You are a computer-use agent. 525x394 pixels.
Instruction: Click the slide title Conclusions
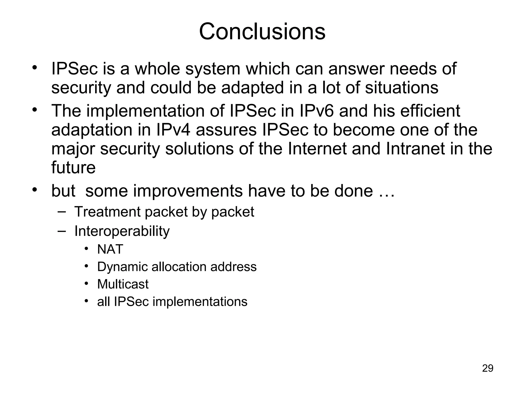[262, 32]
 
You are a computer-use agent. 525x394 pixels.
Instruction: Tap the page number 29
[488, 368]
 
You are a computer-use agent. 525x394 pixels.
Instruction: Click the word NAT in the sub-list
[110, 249]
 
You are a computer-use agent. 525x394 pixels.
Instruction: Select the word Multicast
[123, 284]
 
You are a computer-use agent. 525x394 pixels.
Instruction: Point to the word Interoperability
[122, 231]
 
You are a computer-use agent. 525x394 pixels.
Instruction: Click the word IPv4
[173, 130]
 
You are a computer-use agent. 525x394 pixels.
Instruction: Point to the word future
[73, 168]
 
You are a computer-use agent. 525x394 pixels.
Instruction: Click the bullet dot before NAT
[86, 249]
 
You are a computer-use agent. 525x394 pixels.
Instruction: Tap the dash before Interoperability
[62, 231]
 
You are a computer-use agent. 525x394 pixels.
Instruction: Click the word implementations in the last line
[200, 302]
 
